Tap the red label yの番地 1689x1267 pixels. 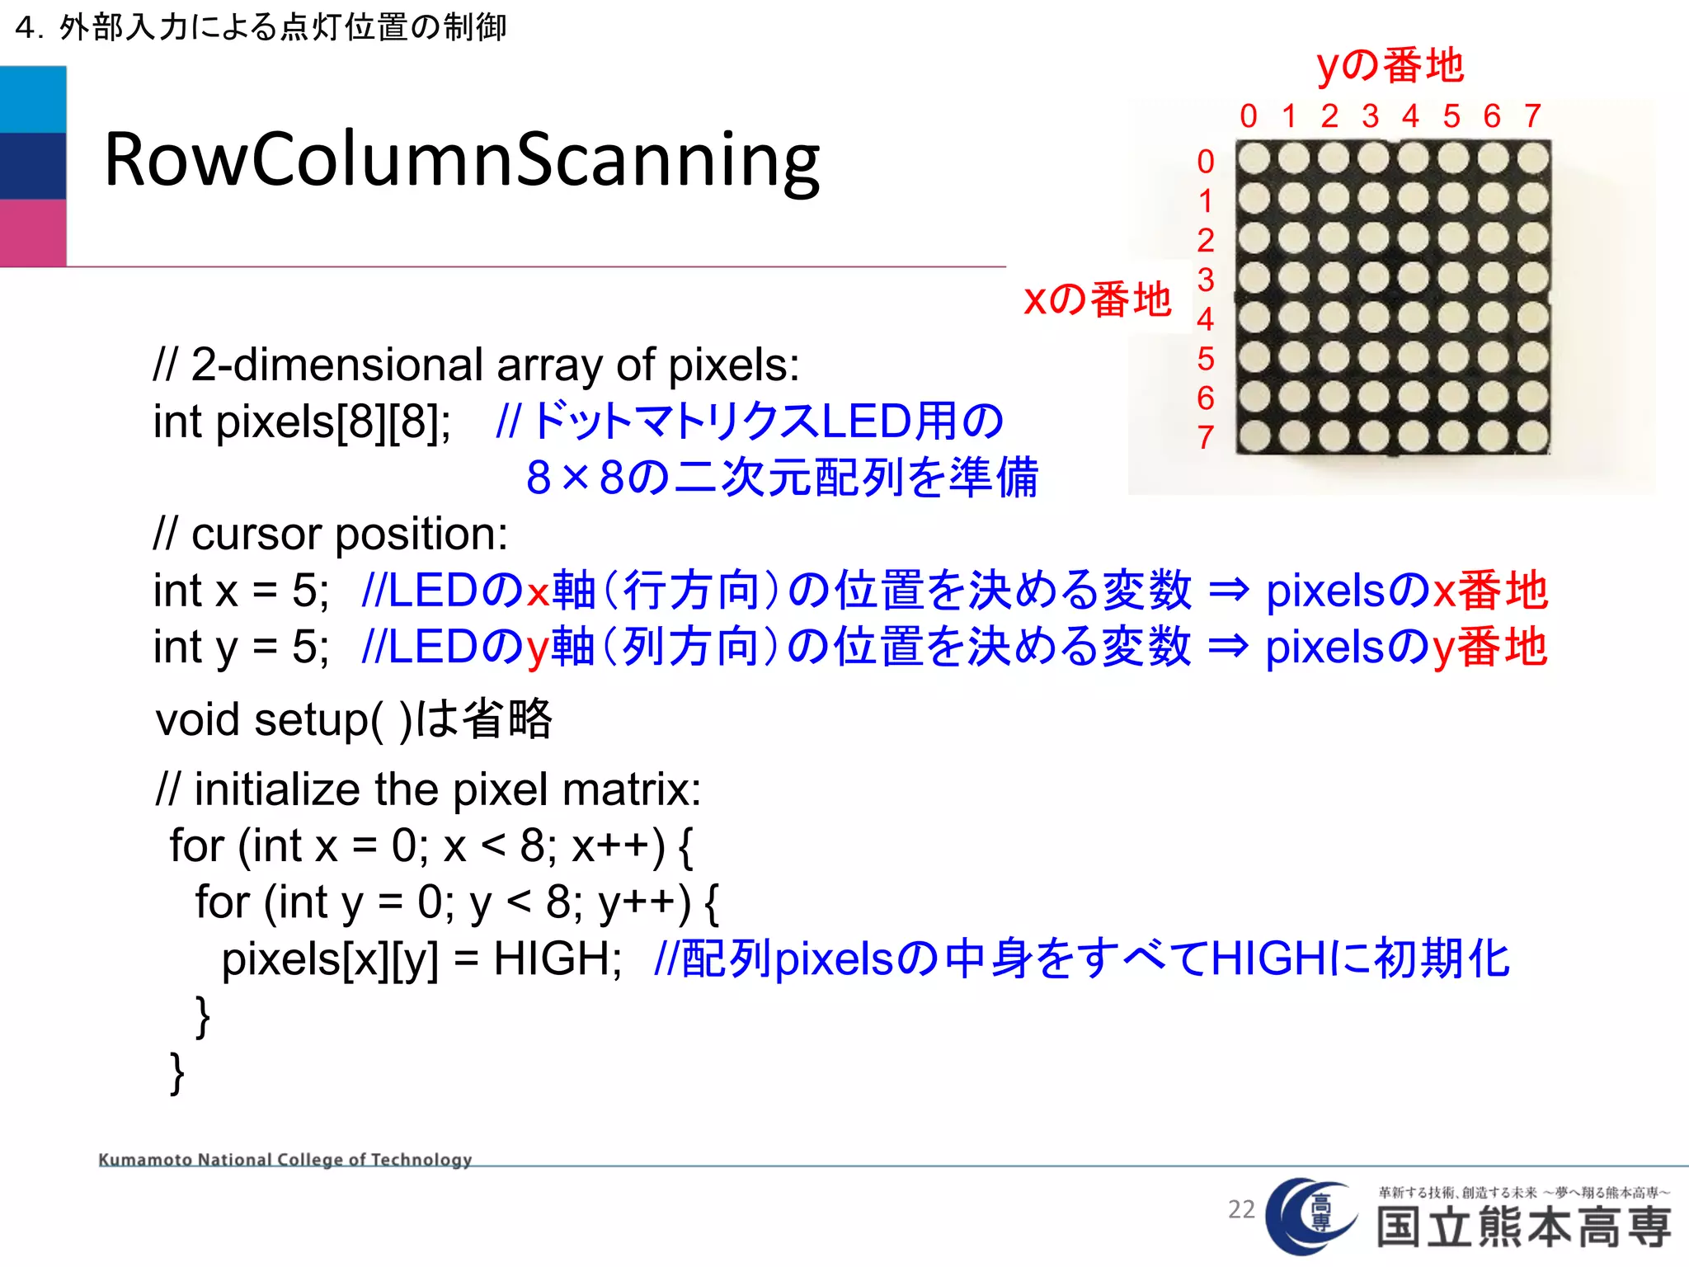1390,66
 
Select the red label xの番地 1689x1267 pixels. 1097,299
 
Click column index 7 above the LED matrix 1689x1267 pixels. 1532,116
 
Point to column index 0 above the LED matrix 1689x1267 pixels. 1249,116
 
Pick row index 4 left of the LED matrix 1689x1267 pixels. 1206,319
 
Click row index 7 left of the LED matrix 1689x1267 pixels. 1206,437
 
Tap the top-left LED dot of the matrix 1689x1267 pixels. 1254,158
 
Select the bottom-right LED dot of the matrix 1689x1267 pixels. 1532,436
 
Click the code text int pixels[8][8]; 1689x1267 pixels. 302,422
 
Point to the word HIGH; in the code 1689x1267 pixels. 558,959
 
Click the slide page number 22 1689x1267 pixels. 1241,1209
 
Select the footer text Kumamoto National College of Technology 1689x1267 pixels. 285,1160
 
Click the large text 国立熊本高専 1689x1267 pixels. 1524,1227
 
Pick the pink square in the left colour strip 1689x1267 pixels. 33,233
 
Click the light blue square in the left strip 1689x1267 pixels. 33,100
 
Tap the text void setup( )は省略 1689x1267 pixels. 354,719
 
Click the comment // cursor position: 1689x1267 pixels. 331,535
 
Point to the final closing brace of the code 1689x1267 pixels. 176,1072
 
